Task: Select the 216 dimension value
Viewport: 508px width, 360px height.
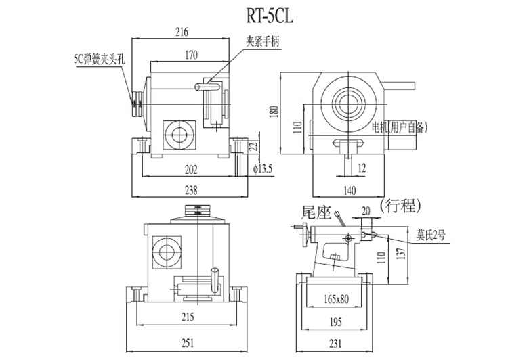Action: pyautogui.click(x=181, y=31)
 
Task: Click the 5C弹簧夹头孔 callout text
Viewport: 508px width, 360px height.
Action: pyautogui.click(x=100, y=60)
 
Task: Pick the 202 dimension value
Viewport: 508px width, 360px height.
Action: pyautogui.click(x=192, y=168)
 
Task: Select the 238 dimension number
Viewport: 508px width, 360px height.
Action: pyautogui.click(x=192, y=190)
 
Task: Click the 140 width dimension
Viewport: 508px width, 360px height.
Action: pyautogui.click(x=348, y=190)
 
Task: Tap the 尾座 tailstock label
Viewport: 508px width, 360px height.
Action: pyautogui.click(x=314, y=213)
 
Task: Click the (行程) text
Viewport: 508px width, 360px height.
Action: pyautogui.click(x=402, y=205)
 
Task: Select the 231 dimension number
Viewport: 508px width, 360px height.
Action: pyautogui.click(x=336, y=343)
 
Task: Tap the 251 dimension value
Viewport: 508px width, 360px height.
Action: pyautogui.click(x=189, y=343)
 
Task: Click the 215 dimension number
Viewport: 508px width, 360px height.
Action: pyautogui.click(x=189, y=317)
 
